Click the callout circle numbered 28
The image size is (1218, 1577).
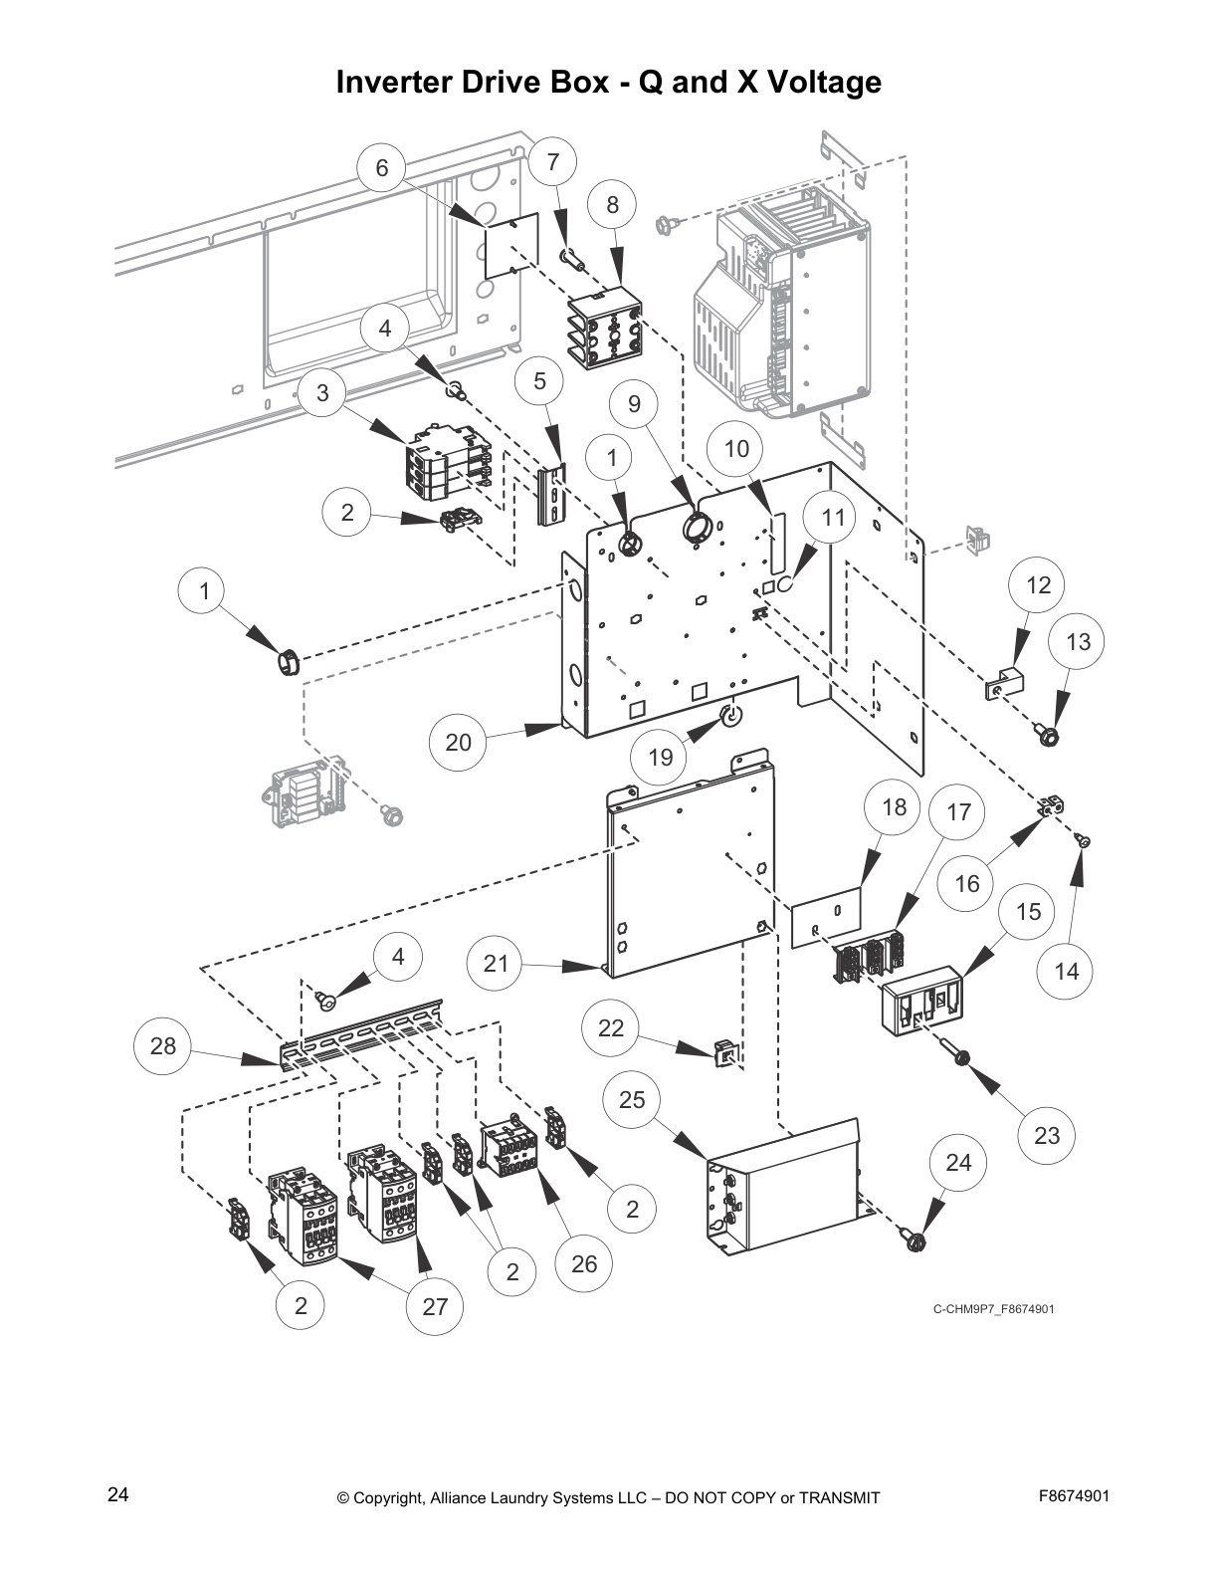click(163, 1045)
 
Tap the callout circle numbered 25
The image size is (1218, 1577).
click(632, 1099)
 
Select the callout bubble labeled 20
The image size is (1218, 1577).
click(458, 742)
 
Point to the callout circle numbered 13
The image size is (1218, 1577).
click(1079, 642)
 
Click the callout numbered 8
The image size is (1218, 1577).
click(613, 204)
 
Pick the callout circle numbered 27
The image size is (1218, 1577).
click(435, 1306)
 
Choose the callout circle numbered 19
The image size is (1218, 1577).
click(661, 757)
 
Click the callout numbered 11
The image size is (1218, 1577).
click(834, 517)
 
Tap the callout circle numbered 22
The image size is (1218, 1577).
click(611, 1027)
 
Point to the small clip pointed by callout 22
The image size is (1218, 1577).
click(725, 1051)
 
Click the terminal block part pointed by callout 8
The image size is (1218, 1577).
click(605, 330)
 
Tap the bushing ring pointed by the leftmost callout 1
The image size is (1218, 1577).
click(287, 661)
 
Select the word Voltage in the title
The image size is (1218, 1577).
click(822, 82)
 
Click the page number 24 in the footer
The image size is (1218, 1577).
click(117, 1494)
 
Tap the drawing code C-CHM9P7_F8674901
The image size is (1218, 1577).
click(993, 1308)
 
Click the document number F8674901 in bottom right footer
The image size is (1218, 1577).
click(1074, 1495)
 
